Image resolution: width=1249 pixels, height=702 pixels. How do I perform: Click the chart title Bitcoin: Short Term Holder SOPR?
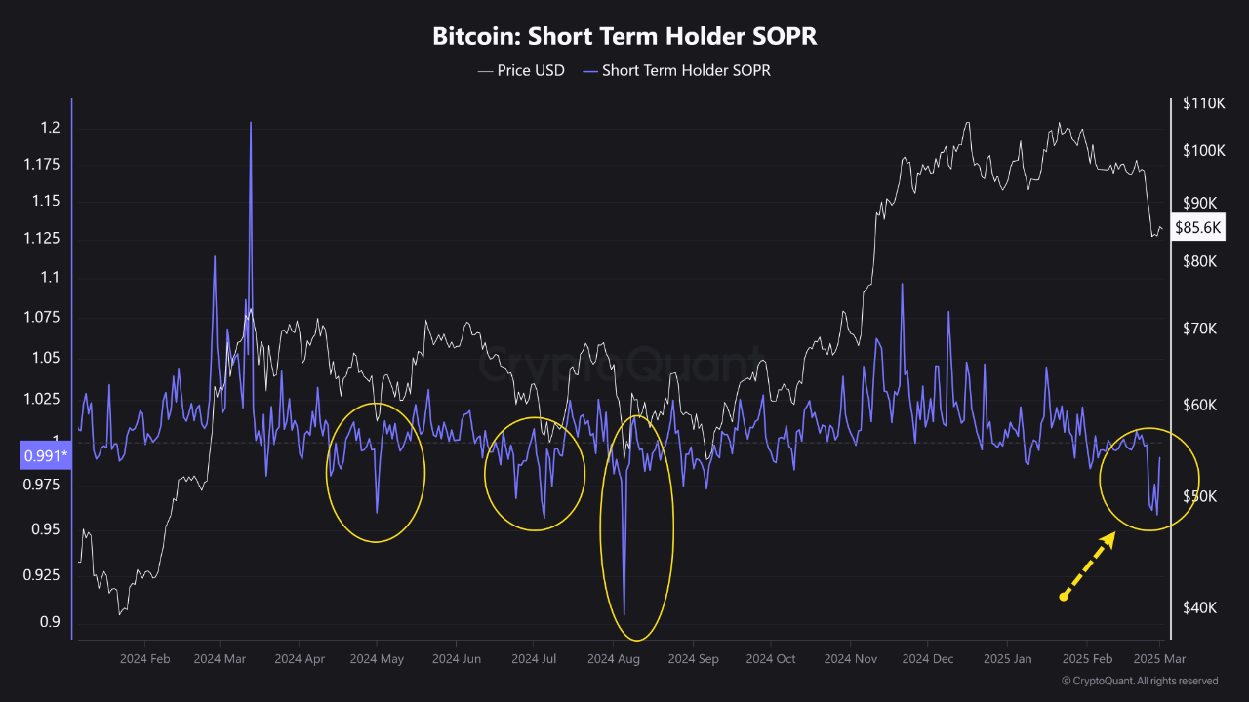click(624, 37)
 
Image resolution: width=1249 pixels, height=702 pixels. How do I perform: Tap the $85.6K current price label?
click(1197, 228)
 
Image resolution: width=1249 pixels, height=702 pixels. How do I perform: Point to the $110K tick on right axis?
click(1203, 103)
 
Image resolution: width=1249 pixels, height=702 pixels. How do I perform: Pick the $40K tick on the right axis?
click(1199, 607)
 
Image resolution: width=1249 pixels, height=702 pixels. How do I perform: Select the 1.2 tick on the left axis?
click(50, 128)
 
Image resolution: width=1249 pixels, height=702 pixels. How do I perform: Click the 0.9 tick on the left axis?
click(50, 622)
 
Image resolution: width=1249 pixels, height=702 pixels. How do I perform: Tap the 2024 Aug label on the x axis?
click(613, 659)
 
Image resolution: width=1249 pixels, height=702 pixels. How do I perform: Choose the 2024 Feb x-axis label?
click(145, 659)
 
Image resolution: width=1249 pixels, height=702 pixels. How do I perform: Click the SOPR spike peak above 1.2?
click(251, 124)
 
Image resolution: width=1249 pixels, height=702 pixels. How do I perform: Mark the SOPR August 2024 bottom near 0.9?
click(624, 614)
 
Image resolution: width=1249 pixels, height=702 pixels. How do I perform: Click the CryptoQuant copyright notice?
click(1139, 681)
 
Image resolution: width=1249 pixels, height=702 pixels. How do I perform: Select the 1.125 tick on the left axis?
click(41, 239)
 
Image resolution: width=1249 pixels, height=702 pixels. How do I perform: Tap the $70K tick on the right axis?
click(1199, 330)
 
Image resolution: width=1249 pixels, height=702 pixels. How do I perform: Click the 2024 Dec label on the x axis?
click(928, 659)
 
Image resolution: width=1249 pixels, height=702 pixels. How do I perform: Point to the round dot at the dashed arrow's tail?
click(1064, 596)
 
